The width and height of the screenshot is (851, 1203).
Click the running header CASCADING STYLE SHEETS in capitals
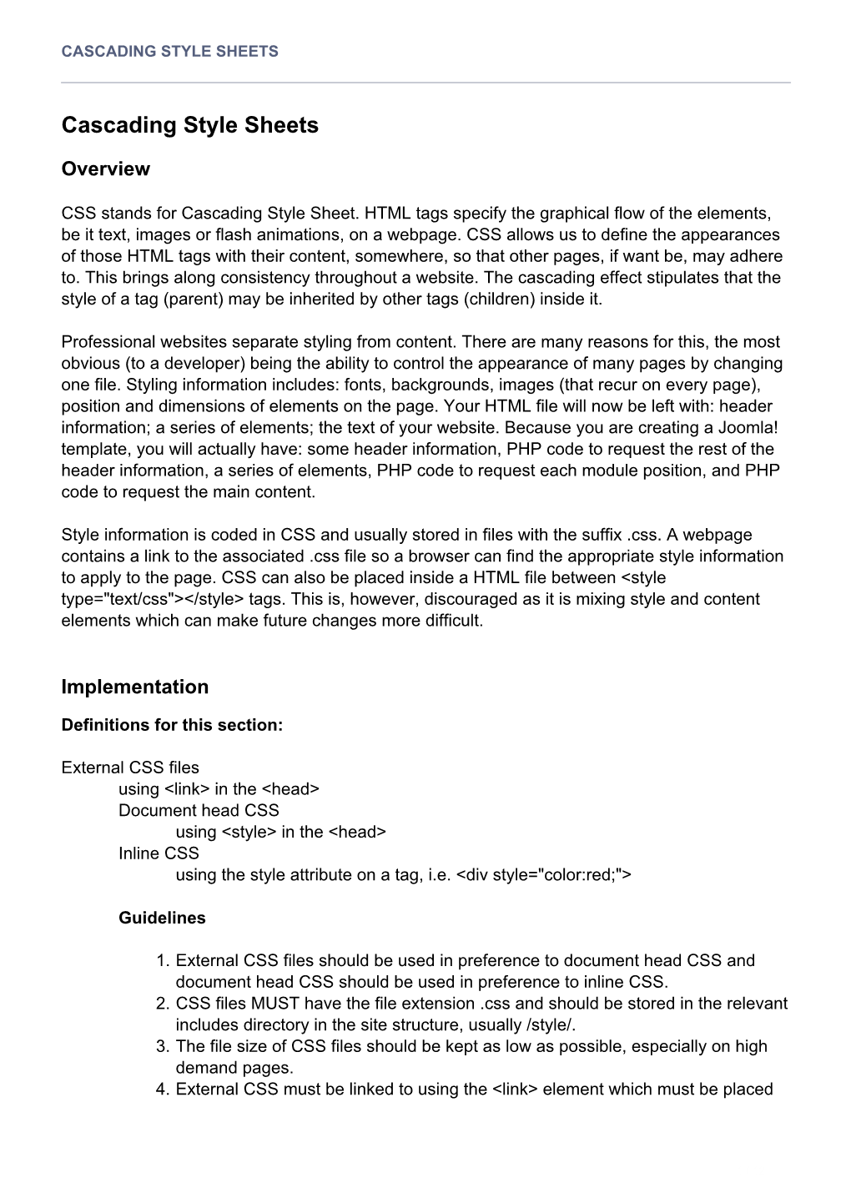(169, 51)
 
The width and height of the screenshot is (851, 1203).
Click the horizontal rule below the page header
(425, 83)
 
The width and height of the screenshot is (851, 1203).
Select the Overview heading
(106, 169)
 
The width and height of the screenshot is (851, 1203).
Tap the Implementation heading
(135, 687)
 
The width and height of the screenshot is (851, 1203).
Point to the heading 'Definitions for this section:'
(173, 726)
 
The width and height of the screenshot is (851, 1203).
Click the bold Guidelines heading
(162, 919)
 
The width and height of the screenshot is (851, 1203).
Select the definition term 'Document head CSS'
(199, 811)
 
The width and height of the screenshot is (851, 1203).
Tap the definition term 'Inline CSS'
(159, 853)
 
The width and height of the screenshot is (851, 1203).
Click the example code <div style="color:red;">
(545, 875)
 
